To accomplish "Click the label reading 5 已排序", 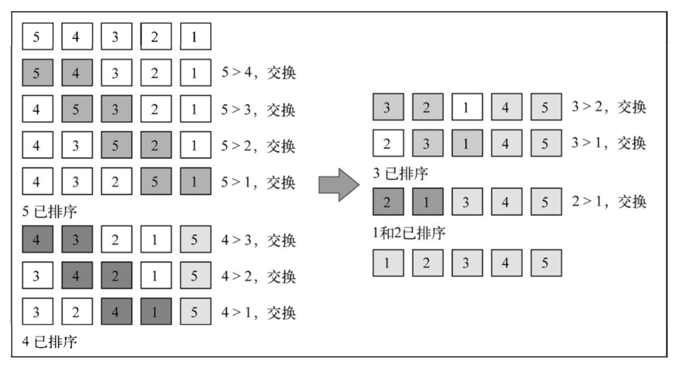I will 50,212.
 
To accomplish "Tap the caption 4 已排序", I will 50,342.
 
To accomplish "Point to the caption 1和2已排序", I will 409,233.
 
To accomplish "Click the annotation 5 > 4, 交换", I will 259,73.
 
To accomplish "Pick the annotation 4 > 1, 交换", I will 259,313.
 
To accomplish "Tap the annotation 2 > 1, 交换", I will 609,202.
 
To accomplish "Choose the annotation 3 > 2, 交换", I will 609,107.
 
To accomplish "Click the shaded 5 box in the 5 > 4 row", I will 37,73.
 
